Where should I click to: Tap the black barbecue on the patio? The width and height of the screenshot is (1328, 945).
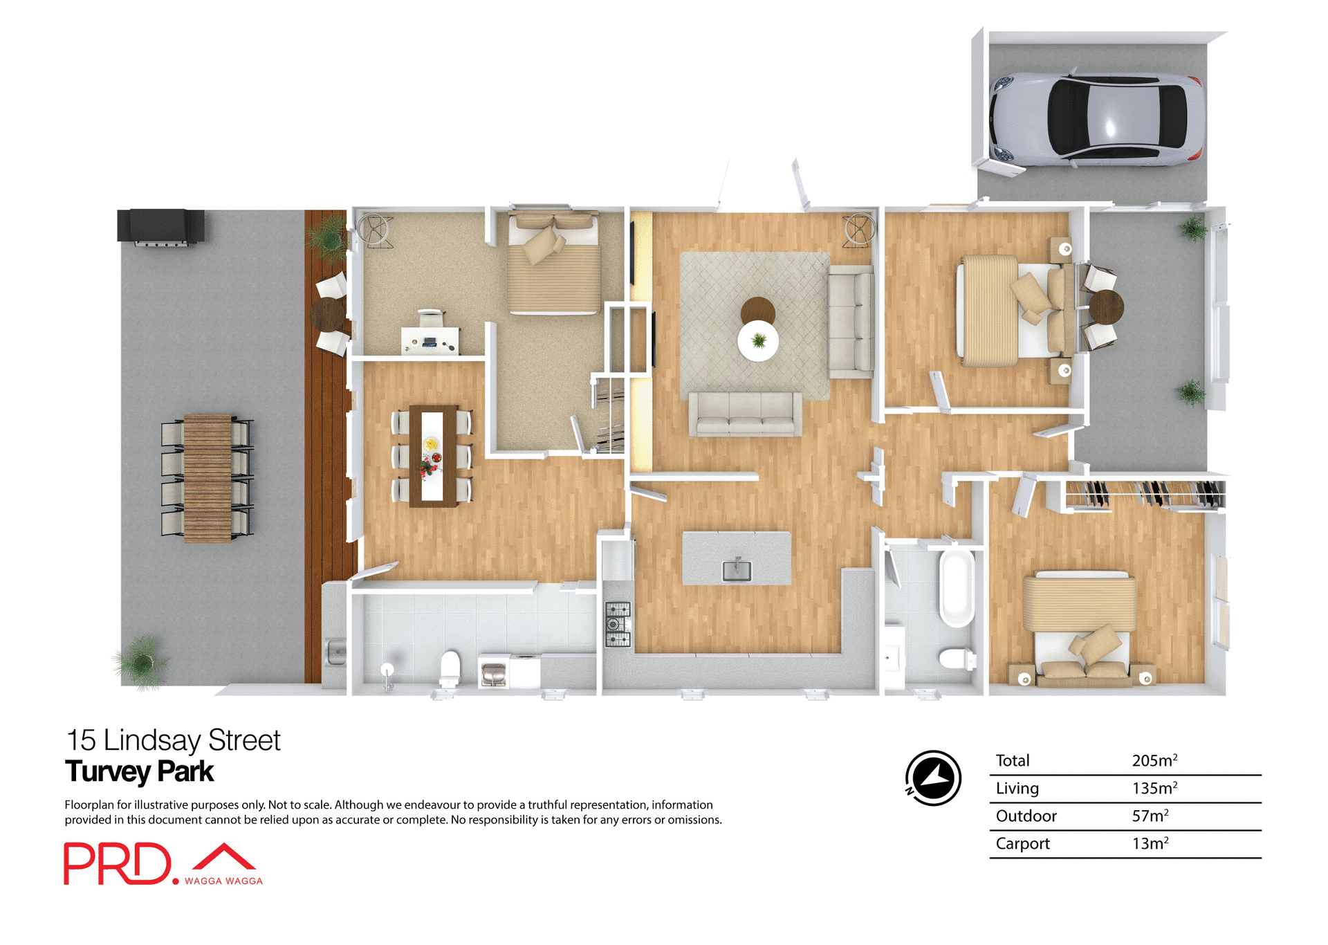160,226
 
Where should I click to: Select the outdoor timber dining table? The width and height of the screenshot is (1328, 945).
207,477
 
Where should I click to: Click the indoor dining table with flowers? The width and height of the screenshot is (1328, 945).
432,456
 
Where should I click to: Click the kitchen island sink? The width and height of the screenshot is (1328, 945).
737,569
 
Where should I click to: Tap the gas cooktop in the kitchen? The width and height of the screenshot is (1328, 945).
618,624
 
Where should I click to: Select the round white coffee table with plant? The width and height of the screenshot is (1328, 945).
758,340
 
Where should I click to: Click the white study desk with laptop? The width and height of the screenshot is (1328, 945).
430,340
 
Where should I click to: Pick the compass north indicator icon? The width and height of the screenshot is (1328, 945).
933,778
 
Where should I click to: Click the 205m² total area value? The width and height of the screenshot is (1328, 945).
1154,760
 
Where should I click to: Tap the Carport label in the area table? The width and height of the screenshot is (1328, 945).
1022,843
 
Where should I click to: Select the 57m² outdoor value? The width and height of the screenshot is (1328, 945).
1150,816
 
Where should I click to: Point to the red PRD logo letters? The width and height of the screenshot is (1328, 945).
118,863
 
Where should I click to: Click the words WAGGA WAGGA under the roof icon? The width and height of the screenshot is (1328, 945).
223,881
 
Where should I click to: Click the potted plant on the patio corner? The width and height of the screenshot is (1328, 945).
142,662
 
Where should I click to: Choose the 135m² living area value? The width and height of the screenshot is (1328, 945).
1154,788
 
